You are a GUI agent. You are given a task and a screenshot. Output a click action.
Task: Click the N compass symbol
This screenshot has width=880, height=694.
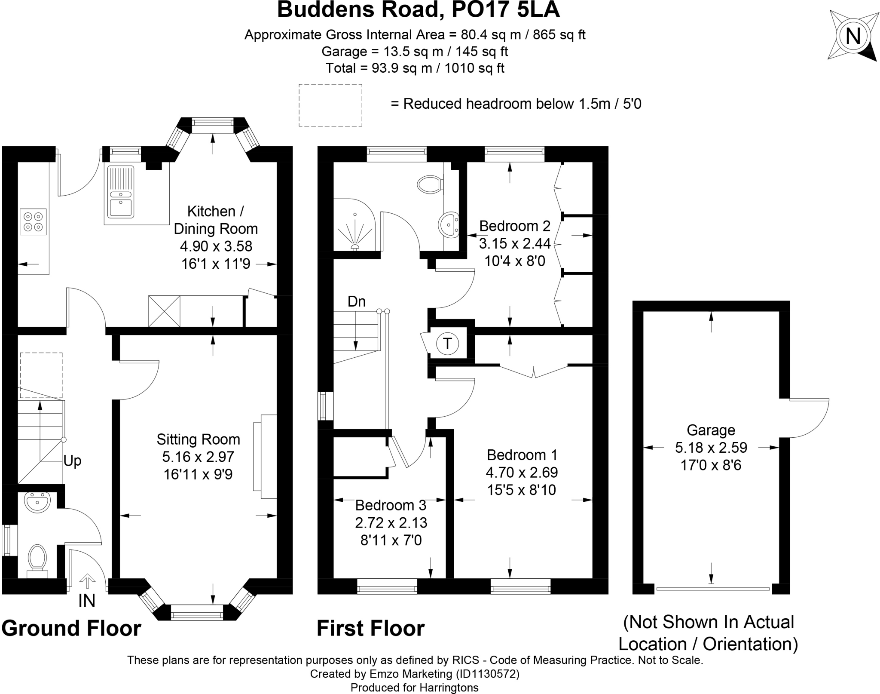[x=853, y=36]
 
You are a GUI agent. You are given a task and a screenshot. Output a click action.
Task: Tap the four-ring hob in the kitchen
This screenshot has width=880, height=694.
[x=33, y=221]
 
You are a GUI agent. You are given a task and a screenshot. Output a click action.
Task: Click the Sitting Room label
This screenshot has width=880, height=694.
[x=198, y=439]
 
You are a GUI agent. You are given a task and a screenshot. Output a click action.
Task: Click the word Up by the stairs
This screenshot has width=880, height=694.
[x=72, y=461]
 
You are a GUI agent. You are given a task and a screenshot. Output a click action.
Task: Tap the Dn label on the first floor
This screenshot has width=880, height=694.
[x=357, y=302]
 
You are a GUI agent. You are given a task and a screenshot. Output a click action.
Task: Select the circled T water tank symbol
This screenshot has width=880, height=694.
[x=447, y=344]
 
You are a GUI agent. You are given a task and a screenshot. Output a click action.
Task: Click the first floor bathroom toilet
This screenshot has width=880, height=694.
[x=430, y=184]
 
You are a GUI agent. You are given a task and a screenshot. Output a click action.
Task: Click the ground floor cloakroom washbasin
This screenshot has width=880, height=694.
[x=37, y=501]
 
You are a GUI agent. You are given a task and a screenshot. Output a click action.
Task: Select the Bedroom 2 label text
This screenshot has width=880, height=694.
[x=514, y=226]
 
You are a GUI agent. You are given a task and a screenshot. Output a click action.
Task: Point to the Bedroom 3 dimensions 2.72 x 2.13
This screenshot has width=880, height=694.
[x=391, y=522]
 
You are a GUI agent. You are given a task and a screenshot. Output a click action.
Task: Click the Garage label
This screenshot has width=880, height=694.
[x=711, y=430]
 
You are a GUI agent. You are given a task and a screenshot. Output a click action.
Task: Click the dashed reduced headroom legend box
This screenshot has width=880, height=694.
[x=330, y=105]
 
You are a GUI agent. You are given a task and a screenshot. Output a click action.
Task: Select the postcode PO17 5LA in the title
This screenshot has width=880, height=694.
[x=505, y=10]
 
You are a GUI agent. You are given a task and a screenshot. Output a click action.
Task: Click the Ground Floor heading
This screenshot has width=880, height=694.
[x=71, y=628]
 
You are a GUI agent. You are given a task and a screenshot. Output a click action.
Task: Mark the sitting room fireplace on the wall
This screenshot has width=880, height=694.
[x=266, y=456]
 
